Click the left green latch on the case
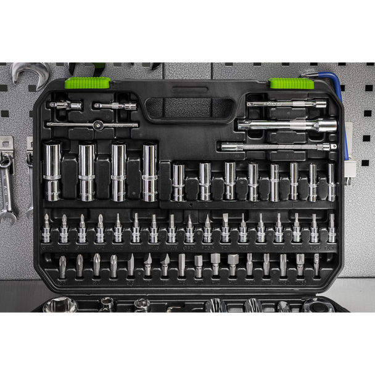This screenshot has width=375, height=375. tap(88, 82)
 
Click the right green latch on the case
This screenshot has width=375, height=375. tap(291, 83)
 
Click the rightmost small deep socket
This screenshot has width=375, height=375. tap(331, 182)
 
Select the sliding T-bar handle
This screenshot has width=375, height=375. tap(93, 125)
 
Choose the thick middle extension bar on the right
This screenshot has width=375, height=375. tap(287, 125)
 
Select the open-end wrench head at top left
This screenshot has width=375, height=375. tap(28, 71)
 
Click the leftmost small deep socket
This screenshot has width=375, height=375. tap(178, 182)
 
